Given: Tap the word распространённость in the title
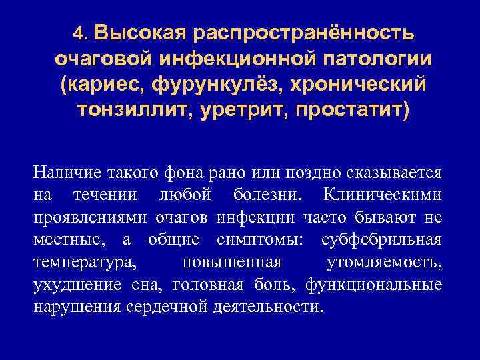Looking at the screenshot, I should pos(305,32).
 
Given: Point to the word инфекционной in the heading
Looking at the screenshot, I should pos(228,58).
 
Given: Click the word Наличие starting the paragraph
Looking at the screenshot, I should pos(65,173).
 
